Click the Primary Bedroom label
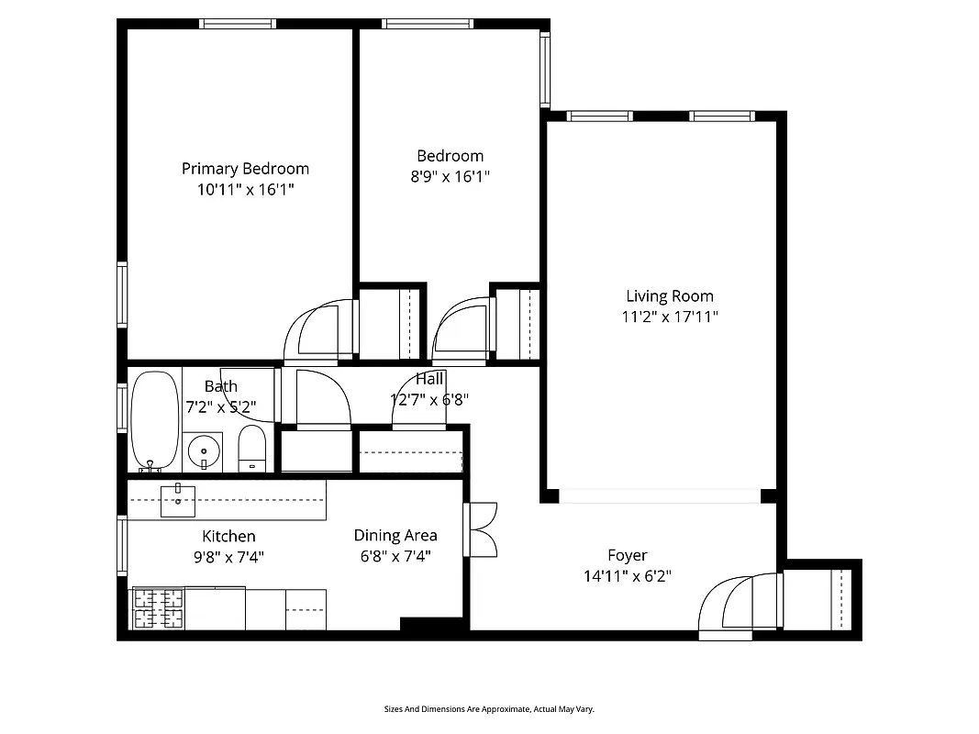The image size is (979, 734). coord(245,168)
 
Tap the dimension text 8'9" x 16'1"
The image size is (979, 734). coord(450,176)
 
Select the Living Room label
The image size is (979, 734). coord(669,295)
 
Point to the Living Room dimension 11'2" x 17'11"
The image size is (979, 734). coord(669,317)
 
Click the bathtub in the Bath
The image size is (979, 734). coord(155,419)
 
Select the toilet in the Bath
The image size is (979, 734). coord(251,450)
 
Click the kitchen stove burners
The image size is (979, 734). coord(159,608)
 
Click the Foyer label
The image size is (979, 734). coord(628,555)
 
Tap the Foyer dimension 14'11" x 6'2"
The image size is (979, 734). coord(628,576)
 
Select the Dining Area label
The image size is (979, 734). coord(395,535)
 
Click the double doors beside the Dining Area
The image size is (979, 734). coord(482,529)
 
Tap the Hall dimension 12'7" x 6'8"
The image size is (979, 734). coord(429,399)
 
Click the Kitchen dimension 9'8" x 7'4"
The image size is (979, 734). coord(228,556)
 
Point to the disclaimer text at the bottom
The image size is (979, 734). coord(489,709)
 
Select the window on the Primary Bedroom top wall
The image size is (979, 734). coord(238,24)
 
